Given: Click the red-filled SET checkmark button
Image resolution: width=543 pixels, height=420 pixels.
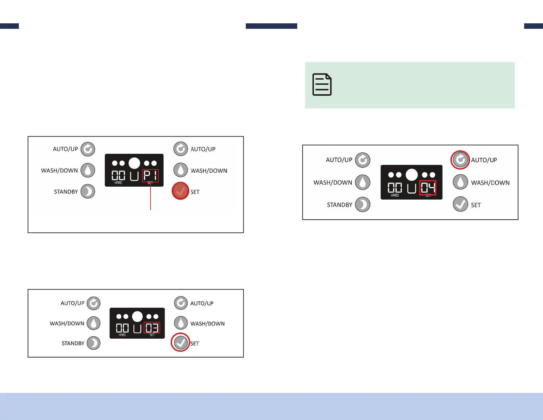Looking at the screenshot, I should point(180,191).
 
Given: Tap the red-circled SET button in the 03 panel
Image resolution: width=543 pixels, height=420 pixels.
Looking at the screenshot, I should point(181,342).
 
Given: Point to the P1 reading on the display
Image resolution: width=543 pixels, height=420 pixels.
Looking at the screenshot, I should point(150,176).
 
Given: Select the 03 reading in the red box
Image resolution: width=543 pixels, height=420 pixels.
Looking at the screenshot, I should point(152,328).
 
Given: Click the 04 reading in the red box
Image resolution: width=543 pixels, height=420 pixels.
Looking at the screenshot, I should point(428,188).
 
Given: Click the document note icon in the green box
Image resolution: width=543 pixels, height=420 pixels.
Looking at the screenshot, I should point(322,84).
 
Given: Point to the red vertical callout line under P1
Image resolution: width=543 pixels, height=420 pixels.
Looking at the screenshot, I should point(150,197).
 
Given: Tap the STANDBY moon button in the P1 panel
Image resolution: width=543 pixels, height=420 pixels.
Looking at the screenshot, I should point(88,191).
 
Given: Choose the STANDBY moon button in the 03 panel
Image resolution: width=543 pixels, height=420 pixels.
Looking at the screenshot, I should point(94,343).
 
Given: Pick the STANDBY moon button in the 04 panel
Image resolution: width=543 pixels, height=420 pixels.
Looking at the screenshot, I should point(363,205).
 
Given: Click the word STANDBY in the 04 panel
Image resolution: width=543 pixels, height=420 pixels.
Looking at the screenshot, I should point(339,205).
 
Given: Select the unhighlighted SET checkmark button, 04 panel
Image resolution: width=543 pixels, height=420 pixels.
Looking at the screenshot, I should point(460,205).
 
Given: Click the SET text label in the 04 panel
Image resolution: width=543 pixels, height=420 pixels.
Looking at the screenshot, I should point(476,205).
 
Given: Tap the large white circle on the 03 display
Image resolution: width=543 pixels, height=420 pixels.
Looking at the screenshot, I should point(137,316).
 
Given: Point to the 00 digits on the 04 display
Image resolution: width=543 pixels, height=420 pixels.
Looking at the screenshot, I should point(395,188).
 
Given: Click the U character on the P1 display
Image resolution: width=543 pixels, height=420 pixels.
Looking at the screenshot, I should point(134,176).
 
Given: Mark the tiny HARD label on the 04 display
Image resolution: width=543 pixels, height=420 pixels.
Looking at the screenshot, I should point(395,195).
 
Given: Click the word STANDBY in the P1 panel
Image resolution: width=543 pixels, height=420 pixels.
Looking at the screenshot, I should point(66,192).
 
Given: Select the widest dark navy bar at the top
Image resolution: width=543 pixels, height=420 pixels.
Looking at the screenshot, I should point(271,26).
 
